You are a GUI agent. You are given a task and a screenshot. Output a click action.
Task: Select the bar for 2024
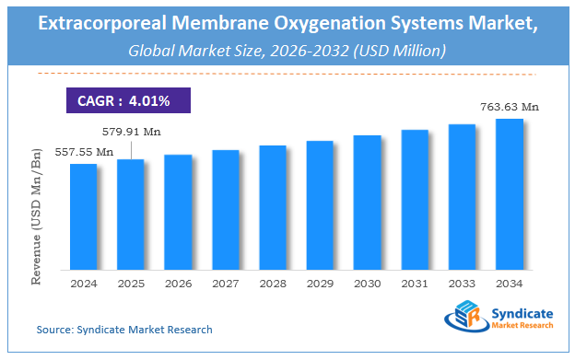coord(83,217)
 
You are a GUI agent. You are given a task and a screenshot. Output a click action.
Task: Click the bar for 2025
coord(131,215)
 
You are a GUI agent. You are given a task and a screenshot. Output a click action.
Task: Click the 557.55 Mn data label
coord(84,152)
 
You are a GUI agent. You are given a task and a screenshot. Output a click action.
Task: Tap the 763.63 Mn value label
coord(510,108)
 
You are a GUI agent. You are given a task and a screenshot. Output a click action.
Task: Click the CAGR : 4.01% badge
coord(117,99)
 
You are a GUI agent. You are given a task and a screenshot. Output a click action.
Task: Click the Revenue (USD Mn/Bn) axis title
coord(38,220)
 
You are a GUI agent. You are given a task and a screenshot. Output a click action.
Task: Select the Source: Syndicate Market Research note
coord(124,329)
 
